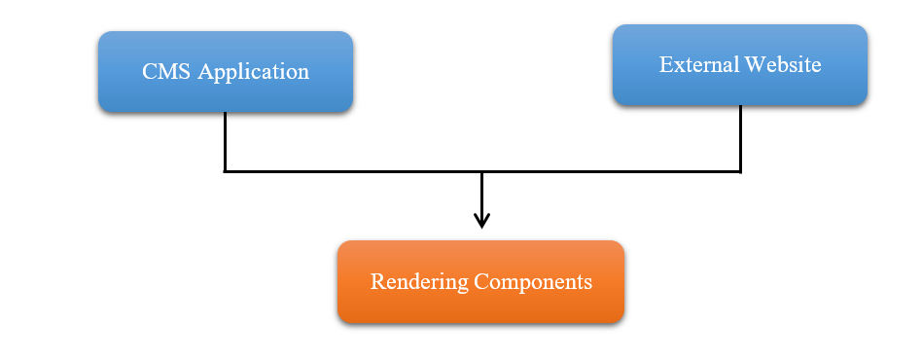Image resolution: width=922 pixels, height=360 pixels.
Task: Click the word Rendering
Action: (x=418, y=282)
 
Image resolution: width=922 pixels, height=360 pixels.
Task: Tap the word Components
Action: (x=533, y=283)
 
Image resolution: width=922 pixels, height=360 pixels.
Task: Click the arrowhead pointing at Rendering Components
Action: (x=481, y=220)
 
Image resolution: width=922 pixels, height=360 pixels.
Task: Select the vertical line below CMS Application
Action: (x=225, y=141)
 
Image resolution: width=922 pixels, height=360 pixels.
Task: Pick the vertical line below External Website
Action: (x=740, y=137)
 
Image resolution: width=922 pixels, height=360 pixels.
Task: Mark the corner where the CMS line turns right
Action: (x=225, y=172)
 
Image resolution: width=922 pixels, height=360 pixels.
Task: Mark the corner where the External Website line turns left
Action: (x=740, y=172)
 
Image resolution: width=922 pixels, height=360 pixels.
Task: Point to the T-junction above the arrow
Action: (x=481, y=172)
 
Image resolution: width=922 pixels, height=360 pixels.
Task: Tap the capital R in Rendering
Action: (x=377, y=282)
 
